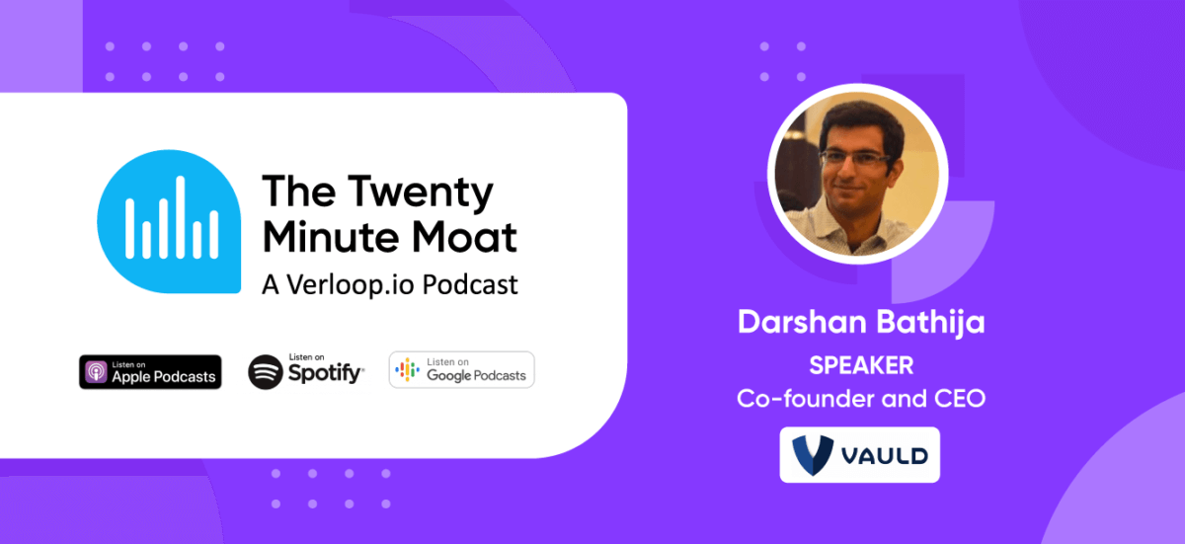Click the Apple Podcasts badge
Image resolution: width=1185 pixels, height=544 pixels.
[150, 371]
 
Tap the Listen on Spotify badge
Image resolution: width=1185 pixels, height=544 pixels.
[306, 371]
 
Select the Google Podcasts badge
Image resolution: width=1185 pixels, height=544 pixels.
[462, 369]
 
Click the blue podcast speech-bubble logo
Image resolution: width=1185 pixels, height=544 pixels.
[169, 221]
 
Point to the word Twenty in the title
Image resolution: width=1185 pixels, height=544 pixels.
[420, 193]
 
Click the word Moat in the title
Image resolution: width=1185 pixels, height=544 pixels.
[464, 236]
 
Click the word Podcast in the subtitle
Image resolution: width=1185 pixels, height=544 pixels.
[470, 284]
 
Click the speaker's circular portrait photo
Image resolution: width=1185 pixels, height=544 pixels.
[857, 174]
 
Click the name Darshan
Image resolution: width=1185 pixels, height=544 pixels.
[802, 322]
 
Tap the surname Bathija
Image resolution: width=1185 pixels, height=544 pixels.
[930, 323]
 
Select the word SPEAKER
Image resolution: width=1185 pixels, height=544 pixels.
[861, 365]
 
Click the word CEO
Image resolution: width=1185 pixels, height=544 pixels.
[960, 399]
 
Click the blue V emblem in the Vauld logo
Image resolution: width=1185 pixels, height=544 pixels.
[813, 455]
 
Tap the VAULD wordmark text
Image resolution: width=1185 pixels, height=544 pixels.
[885, 456]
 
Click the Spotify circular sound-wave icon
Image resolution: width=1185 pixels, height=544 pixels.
[266, 371]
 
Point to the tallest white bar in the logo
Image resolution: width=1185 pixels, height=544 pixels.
[181, 217]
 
